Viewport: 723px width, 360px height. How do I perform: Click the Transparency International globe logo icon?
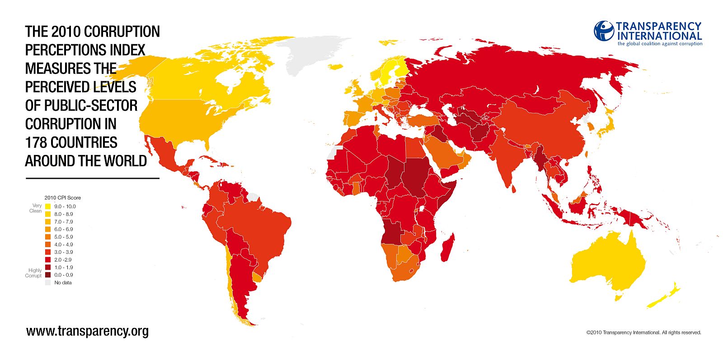point(604,31)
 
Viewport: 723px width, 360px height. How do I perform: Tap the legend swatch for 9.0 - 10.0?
point(48,206)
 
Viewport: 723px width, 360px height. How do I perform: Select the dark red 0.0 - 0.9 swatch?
point(48,275)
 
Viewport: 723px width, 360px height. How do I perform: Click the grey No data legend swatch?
point(48,282)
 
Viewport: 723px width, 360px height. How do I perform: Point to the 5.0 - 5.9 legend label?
point(63,237)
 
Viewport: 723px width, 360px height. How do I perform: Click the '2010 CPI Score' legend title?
point(62,198)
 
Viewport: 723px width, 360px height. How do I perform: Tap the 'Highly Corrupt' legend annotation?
point(33,273)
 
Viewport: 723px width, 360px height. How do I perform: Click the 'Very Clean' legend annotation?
point(35,208)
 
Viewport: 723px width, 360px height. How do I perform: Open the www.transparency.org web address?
point(87,331)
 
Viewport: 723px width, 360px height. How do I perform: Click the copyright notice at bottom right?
point(643,332)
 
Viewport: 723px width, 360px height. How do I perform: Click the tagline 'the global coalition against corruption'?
point(660,44)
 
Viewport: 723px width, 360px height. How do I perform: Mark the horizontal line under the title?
point(93,178)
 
